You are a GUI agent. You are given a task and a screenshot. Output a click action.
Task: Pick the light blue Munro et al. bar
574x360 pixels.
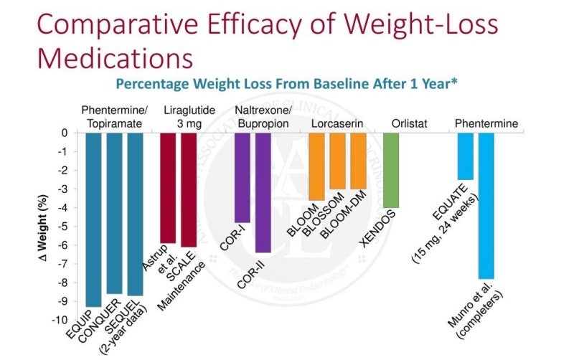(486, 205)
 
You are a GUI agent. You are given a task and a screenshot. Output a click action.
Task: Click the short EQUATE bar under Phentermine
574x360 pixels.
(466, 156)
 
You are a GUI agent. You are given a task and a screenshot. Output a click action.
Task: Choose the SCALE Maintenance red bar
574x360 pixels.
(189, 189)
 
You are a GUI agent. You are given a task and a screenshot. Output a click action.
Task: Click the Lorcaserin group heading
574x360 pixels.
(337, 124)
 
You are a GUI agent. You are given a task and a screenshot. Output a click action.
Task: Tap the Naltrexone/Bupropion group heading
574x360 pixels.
(262, 118)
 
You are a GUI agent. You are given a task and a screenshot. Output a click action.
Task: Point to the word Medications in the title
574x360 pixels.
(115, 58)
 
